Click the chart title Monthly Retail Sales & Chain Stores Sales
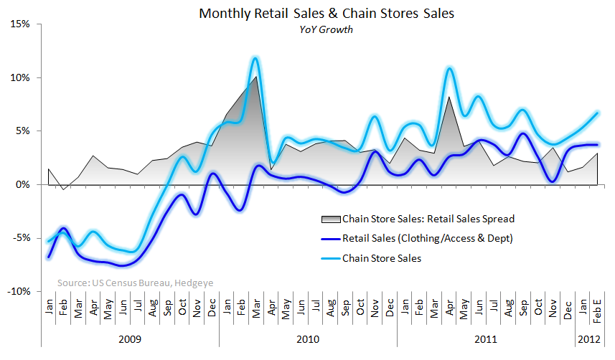pos(306,14)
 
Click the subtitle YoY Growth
pos(306,29)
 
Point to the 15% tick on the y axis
pos(19,24)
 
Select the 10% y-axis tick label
pos(19,77)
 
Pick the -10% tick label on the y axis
pos(18,292)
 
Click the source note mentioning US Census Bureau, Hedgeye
pos(132,283)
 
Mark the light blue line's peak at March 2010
pos(255,58)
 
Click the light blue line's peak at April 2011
pos(449,69)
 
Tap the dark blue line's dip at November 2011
pos(553,181)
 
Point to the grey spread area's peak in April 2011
pos(449,97)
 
